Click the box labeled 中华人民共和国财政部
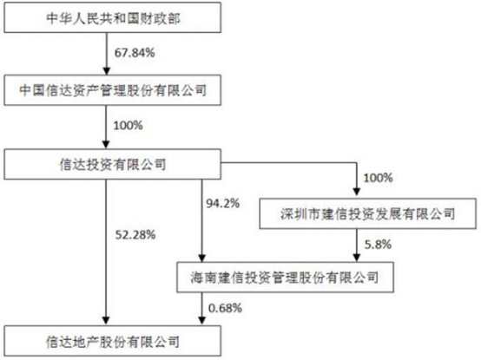coord(112,17)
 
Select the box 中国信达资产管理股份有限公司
coord(112,90)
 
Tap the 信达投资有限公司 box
coord(112,164)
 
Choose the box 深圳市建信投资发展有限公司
coord(368,213)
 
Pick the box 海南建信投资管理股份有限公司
coord(285,278)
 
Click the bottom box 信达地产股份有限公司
coord(112,341)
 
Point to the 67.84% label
coord(135,53)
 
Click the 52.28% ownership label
coord(135,235)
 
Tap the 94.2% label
coord(223,203)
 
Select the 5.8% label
coord(378,245)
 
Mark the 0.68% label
coord(225,308)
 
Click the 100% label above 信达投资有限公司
coord(128,125)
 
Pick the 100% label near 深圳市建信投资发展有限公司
coord(378,178)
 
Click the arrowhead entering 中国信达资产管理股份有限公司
coord(106,71)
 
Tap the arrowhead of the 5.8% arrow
coord(356,258)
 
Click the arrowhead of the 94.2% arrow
coord(201,258)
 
